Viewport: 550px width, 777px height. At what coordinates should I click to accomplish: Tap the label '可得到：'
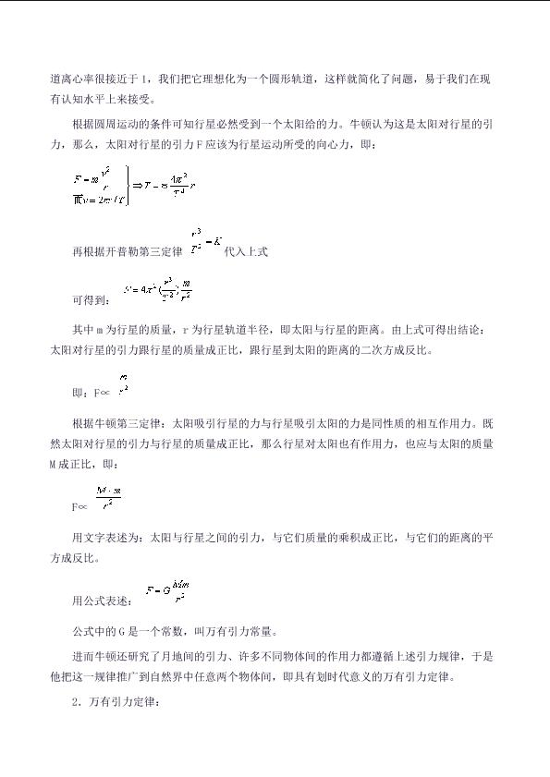click(x=92, y=300)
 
